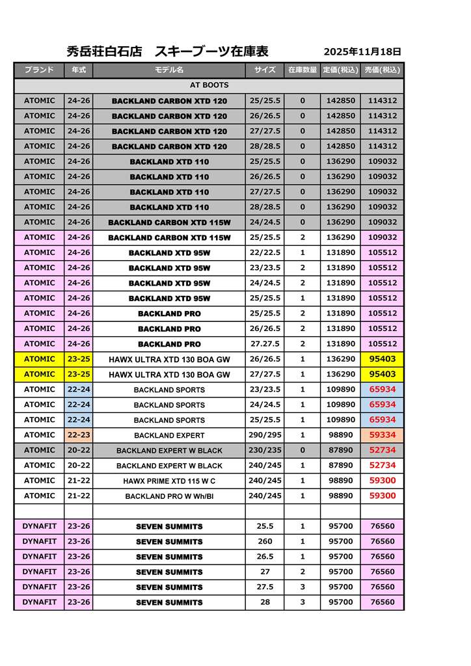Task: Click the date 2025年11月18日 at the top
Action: (x=362, y=52)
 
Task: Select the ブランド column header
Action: (x=39, y=70)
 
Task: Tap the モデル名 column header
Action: (x=169, y=70)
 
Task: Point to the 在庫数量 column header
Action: (x=303, y=70)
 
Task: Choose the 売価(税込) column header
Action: (x=382, y=70)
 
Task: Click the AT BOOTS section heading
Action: (x=209, y=85)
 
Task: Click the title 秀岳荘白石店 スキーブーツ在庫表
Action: (x=168, y=51)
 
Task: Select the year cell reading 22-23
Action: (x=79, y=435)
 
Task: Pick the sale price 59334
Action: (x=383, y=435)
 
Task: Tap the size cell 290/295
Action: (x=265, y=435)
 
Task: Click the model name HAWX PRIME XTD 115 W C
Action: (x=169, y=481)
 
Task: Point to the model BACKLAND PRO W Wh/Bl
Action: (x=169, y=496)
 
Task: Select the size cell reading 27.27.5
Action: (x=265, y=344)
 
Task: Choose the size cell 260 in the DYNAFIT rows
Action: (x=265, y=542)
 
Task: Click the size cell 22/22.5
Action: (x=265, y=252)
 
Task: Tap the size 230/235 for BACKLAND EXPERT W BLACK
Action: (x=265, y=450)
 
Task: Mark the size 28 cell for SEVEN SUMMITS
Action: (x=265, y=602)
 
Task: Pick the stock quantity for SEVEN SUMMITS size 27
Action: (x=303, y=572)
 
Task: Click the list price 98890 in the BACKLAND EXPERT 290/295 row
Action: (x=341, y=435)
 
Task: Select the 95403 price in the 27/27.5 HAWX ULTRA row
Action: (x=383, y=375)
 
